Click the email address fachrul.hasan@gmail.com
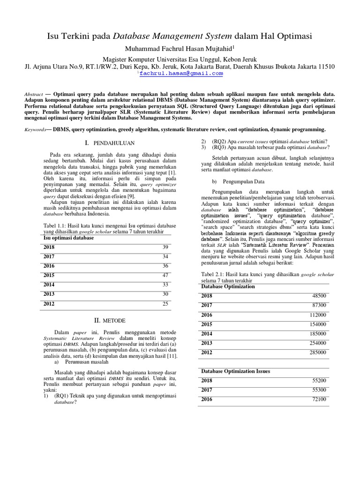pos(180,74)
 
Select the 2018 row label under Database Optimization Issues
pos(207,381)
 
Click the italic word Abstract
pos(33,94)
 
